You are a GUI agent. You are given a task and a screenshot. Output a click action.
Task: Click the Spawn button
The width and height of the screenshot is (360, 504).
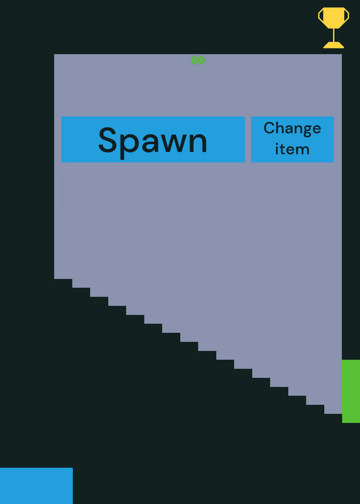click(x=153, y=139)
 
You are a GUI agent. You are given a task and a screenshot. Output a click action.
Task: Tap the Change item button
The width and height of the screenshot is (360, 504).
click(x=293, y=139)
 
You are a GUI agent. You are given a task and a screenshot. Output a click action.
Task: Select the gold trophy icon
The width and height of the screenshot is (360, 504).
click(x=334, y=28)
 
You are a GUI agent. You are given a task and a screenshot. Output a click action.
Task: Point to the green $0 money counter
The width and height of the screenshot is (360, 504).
click(x=198, y=60)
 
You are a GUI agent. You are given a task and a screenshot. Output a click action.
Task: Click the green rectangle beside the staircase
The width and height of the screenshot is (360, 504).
click(x=351, y=391)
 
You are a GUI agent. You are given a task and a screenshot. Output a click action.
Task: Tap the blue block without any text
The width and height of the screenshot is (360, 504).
click(x=37, y=486)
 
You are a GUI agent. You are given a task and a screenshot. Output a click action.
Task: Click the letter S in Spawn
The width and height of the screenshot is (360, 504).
click(x=107, y=140)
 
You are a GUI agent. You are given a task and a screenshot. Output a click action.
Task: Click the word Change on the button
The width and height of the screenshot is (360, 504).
click(x=292, y=129)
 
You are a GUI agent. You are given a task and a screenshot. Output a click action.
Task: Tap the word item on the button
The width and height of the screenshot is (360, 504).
click(x=292, y=149)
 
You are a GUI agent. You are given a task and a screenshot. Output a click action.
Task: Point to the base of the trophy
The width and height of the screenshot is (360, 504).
click(x=334, y=45)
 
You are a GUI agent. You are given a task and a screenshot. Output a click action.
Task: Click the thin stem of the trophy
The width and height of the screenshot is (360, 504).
click(x=334, y=35)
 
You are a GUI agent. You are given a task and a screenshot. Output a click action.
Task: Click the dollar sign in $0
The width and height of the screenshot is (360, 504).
click(x=194, y=60)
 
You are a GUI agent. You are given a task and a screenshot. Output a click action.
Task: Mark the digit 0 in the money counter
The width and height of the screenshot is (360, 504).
click(x=202, y=60)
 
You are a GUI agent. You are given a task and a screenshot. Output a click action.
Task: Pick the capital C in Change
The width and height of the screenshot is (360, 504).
click(x=270, y=128)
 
